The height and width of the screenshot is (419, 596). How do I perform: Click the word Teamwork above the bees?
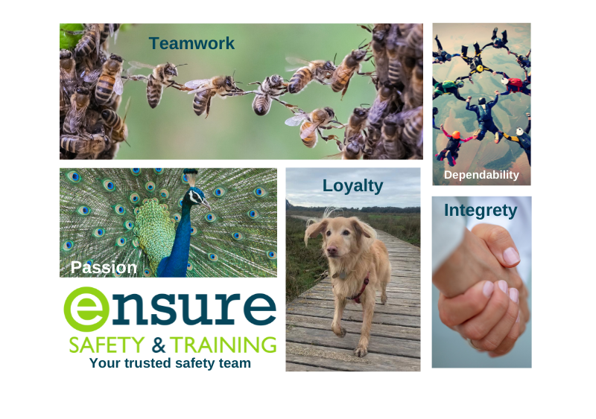click(191, 43)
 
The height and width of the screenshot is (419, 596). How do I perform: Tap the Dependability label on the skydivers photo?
click(481, 175)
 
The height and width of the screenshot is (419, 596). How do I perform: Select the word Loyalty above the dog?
click(352, 186)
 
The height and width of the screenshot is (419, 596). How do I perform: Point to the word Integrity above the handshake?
click(481, 211)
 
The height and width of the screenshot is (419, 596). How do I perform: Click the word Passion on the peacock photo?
click(104, 267)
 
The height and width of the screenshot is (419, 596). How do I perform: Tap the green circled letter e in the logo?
click(86, 309)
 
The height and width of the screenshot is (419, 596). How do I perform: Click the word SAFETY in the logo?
click(107, 345)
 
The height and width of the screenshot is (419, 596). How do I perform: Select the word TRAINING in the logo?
click(223, 345)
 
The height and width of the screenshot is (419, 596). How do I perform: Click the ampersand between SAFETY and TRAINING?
click(158, 345)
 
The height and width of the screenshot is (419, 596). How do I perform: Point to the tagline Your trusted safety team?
click(170, 363)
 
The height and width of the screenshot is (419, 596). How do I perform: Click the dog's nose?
click(332, 250)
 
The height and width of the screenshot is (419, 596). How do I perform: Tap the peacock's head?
click(197, 196)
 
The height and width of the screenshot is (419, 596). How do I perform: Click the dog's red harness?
click(361, 290)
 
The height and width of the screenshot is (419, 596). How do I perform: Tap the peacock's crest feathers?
click(191, 176)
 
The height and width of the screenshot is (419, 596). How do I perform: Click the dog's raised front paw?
click(338, 330)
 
